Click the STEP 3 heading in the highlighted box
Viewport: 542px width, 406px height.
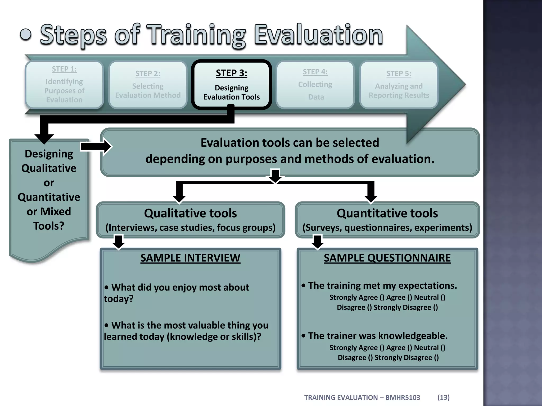(231, 73)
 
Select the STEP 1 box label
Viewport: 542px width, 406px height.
(64, 69)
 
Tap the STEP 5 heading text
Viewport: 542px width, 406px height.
(399, 74)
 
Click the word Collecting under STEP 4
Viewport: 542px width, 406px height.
(315, 85)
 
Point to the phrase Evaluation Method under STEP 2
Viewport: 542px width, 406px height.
(148, 95)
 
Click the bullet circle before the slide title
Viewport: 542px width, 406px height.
(26, 35)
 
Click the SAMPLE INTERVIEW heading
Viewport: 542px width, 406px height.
(190, 258)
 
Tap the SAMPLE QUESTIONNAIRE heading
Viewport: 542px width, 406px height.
(387, 258)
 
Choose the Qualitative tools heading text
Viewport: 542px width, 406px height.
(190, 213)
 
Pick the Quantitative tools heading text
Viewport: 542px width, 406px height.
(387, 213)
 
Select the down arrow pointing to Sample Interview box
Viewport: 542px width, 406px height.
(119, 242)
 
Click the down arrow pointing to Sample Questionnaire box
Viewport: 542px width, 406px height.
(317, 242)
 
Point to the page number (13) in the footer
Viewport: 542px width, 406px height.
(443, 397)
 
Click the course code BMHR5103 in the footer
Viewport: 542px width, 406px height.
(403, 398)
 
